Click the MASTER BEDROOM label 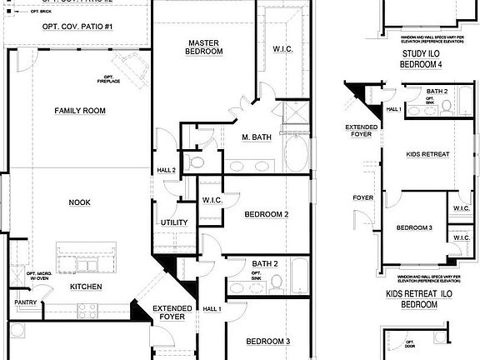(204, 47)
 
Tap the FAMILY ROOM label (80, 111)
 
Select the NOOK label (79, 202)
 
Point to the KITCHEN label (86, 287)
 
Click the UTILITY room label (173, 222)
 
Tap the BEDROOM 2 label (266, 214)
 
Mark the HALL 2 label (166, 171)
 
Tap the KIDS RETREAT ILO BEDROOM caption (412, 300)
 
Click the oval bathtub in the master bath (297, 153)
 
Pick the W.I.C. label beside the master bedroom (282, 49)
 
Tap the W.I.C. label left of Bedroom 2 (211, 199)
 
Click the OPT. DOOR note (410, 344)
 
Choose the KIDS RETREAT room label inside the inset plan (427, 155)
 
